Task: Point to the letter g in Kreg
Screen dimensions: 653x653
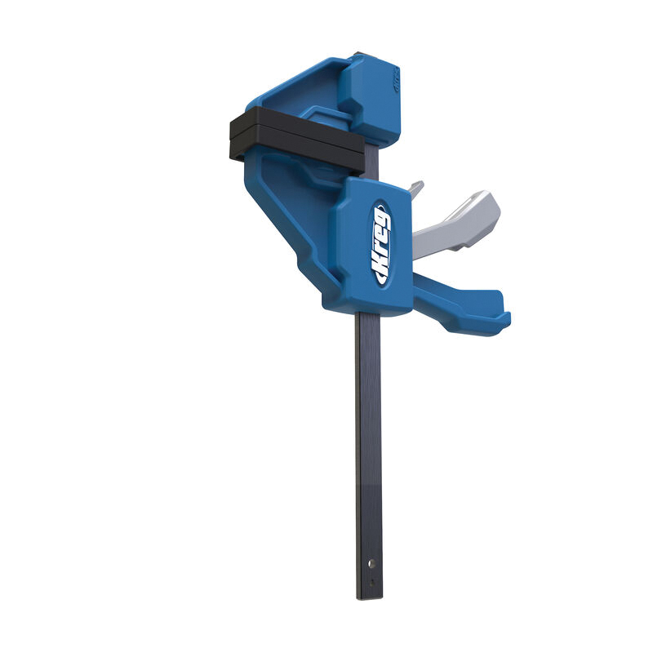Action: (382, 217)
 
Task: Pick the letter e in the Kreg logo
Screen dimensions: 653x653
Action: (382, 234)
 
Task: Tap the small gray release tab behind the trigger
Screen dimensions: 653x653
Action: (415, 190)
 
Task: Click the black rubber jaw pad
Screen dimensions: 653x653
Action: (298, 139)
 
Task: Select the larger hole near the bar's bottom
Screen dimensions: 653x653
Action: (371, 565)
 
